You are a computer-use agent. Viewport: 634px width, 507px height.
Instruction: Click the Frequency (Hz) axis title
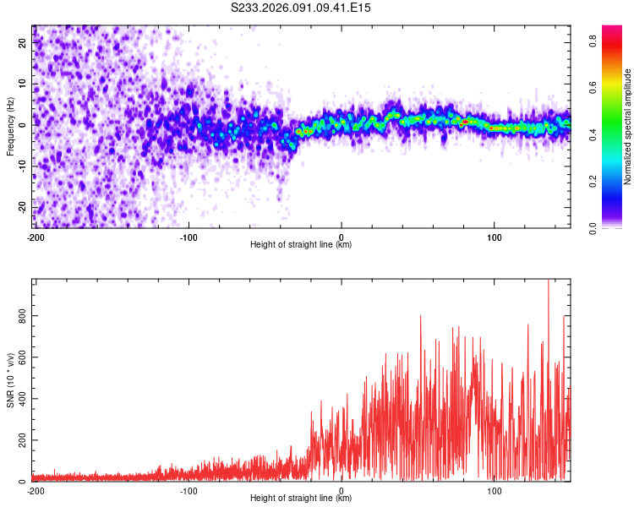11,125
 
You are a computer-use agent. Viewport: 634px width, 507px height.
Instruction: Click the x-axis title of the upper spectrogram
301,245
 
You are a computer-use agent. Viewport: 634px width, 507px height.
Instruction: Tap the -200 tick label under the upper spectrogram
36,237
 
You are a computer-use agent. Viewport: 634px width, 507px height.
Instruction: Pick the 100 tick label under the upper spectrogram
495,237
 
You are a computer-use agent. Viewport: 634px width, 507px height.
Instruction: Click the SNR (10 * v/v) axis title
11,379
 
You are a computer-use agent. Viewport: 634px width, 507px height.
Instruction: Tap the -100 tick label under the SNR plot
189,491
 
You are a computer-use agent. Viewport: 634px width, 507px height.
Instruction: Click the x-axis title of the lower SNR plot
301,499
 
